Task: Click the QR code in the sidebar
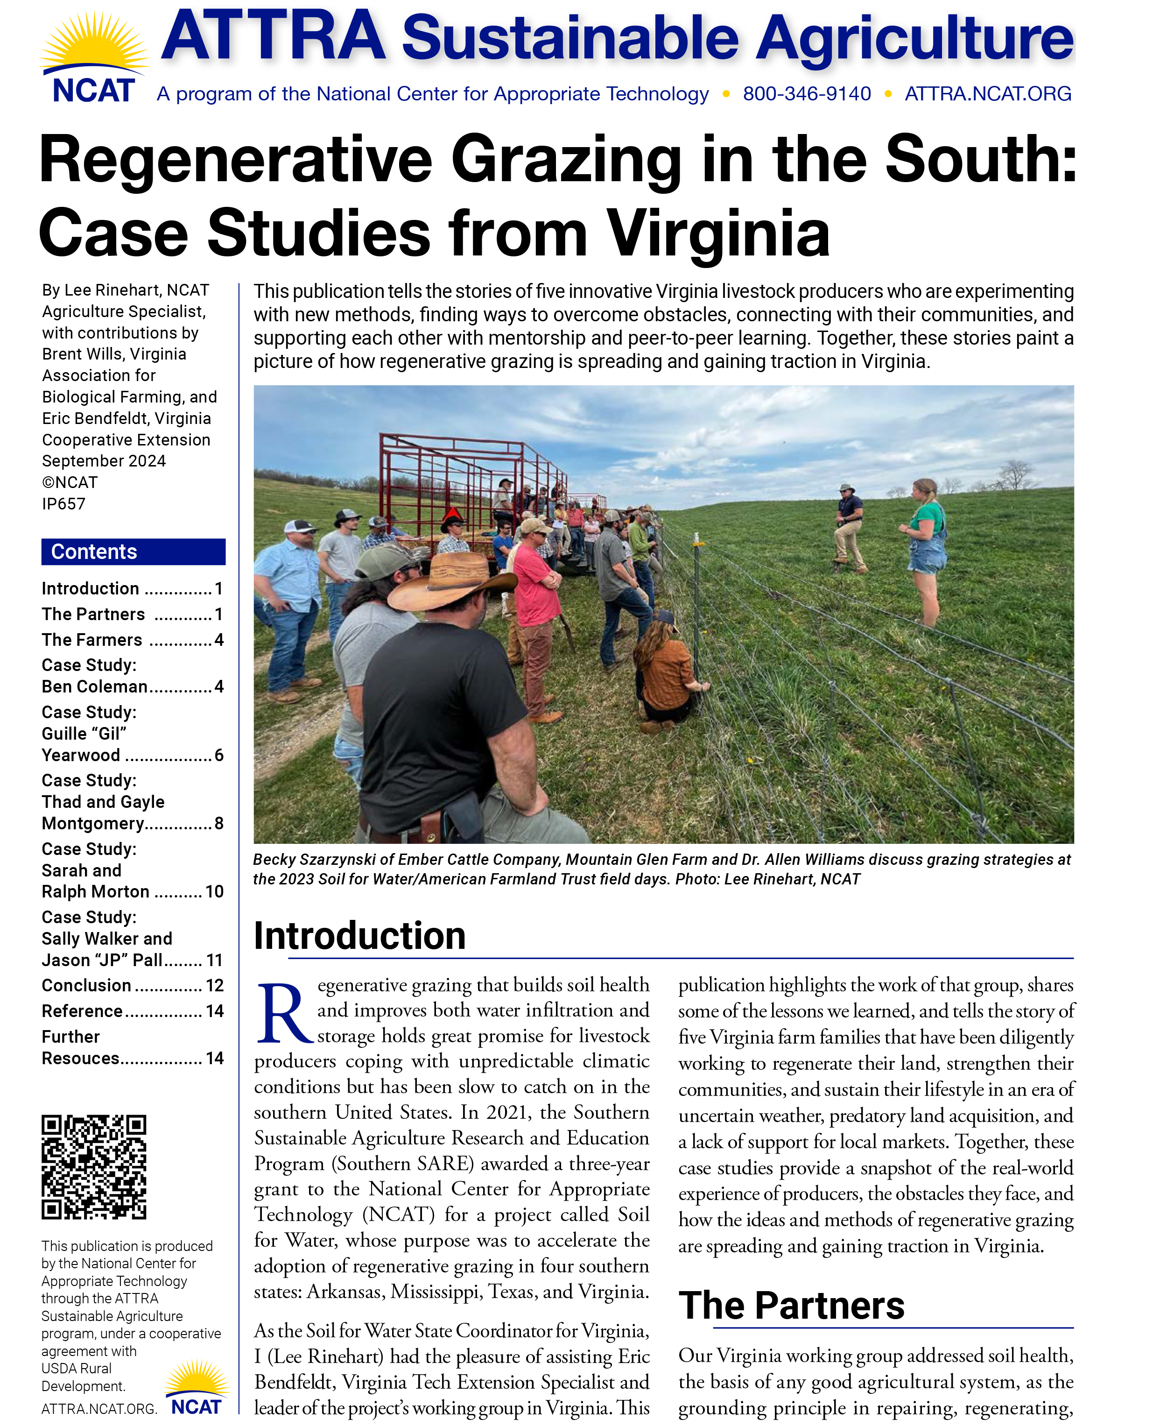(x=94, y=1166)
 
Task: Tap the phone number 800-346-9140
(x=806, y=94)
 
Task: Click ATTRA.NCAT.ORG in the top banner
(x=988, y=94)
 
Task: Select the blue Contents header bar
(x=133, y=551)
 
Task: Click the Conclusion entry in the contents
(x=86, y=985)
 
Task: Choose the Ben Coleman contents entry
(x=94, y=686)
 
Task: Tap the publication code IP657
(x=64, y=503)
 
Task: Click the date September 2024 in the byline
(x=104, y=461)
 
